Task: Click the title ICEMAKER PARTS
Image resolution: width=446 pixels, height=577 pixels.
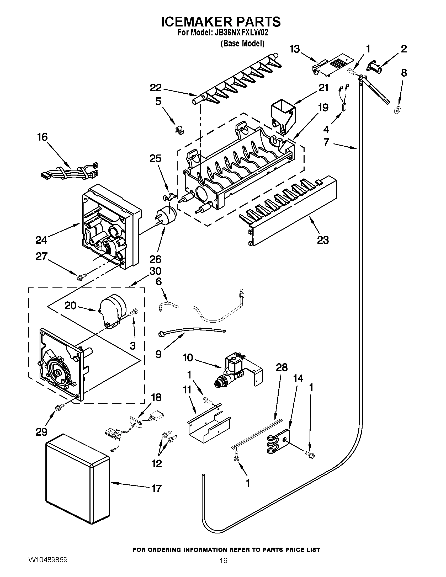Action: [221, 22]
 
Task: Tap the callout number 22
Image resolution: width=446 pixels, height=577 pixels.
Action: [156, 88]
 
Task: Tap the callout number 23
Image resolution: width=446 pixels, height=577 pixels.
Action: [323, 240]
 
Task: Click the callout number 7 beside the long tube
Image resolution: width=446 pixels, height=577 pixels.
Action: [326, 142]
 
